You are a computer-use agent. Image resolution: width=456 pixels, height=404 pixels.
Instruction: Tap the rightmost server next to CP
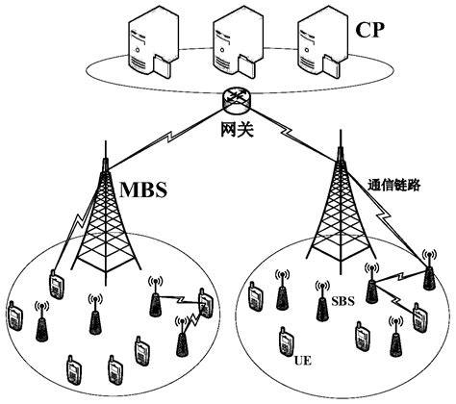click(313, 41)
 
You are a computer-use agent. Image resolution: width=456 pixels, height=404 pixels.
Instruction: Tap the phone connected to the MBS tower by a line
click(56, 286)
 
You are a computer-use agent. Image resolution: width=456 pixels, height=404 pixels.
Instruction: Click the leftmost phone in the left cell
click(14, 316)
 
